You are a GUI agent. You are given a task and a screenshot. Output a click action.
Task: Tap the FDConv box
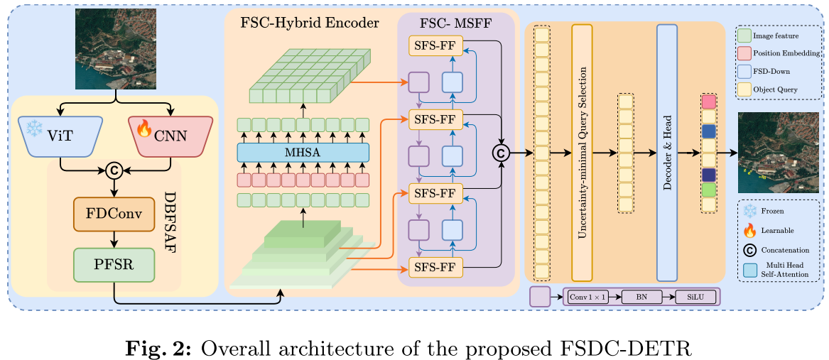(114, 214)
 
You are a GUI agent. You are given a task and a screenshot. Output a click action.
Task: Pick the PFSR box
(114, 264)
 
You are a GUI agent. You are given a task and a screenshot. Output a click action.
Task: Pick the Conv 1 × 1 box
(586, 297)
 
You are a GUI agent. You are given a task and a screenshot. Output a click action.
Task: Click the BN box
(641, 297)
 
